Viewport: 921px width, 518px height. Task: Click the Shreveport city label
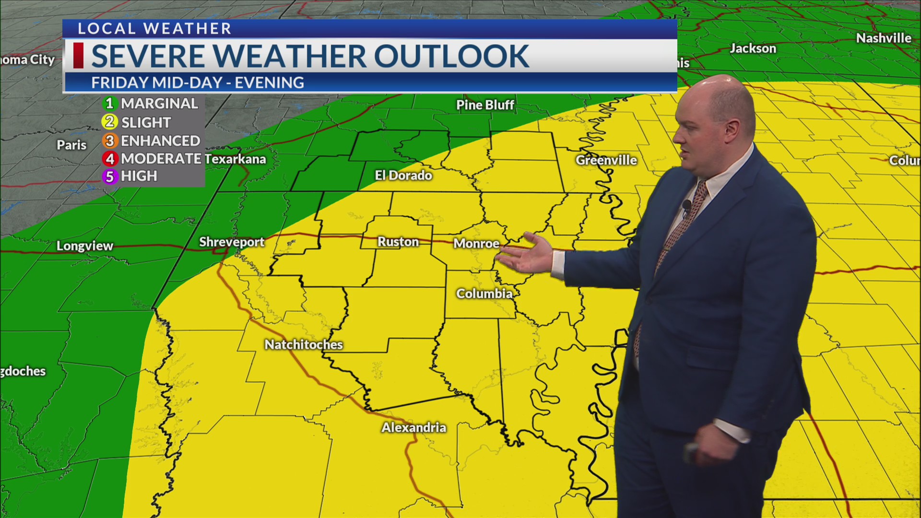(232, 242)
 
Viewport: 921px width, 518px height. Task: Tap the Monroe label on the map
(476, 244)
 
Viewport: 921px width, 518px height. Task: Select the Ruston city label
(398, 242)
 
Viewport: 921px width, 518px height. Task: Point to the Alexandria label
(413, 427)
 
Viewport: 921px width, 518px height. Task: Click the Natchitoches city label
(304, 344)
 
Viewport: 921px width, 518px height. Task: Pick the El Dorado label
(403, 176)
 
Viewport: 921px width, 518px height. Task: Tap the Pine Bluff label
(485, 105)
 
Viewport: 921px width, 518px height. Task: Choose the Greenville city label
(606, 160)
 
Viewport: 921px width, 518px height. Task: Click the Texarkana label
(235, 159)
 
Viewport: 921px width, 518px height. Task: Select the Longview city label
(85, 246)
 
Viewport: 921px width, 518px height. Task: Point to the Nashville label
(884, 38)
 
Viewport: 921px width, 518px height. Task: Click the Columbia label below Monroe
(484, 294)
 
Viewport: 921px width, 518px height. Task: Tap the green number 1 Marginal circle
(110, 103)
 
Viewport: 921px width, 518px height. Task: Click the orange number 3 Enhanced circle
(110, 141)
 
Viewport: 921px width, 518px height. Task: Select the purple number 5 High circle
(110, 177)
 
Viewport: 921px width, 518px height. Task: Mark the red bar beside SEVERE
(78, 56)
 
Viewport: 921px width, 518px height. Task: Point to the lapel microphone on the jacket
(686, 206)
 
